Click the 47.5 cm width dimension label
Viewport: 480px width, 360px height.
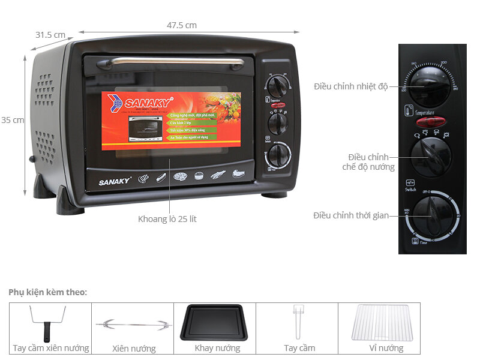click(181, 25)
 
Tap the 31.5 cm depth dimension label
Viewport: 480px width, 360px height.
click(50, 35)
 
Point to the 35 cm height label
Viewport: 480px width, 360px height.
click(12, 120)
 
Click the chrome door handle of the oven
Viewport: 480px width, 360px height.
click(170, 61)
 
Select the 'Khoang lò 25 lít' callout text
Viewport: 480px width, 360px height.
click(167, 219)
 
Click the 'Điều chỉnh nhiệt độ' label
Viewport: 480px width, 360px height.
click(350, 86)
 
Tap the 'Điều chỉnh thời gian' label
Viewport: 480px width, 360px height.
click(350, 215)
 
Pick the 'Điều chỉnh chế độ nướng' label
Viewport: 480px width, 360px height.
click(364, 162)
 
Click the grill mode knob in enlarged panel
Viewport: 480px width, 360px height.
click(431, 157)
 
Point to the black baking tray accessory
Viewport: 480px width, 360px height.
click(214, 322)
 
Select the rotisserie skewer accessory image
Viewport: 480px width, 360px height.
click(133, 325)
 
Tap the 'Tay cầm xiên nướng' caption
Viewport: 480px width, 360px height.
click(51, 348)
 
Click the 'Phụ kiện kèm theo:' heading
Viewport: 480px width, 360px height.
click(47, 292)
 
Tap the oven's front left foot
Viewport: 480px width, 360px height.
click(70, 202)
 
